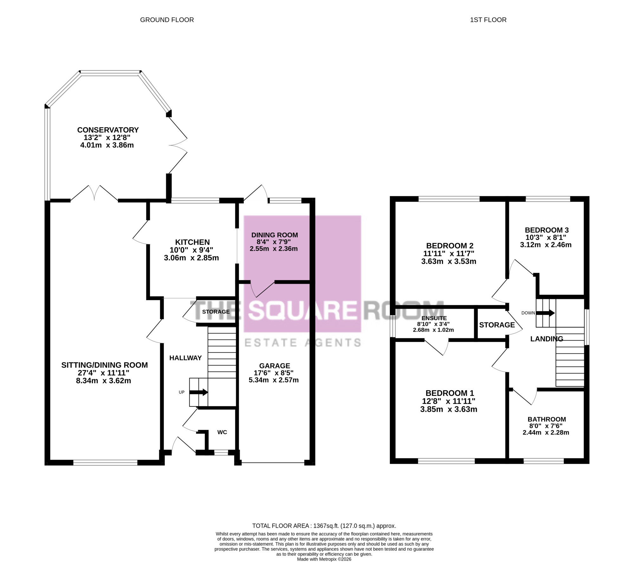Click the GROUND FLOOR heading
(x=167, y=20)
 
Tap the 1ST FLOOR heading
(x=488, y=20)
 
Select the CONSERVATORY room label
(x=108, y=130)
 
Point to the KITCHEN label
(x=192, y=242)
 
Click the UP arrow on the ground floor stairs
(x=199, y=392)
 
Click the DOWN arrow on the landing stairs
(x=545, y=313)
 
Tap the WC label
(x=222, y=432)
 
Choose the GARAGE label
(x=275, y=366)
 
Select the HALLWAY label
(x=185, y=358)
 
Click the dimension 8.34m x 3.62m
(x=103, y=381)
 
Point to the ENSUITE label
(x=434, y=318)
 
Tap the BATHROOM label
(x=547, y=419)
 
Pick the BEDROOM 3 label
(x=547, y=230)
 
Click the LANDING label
(x=547, y=339)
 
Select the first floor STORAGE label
(x=497, y=325)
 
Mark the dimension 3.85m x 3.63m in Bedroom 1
(x=449, y=409)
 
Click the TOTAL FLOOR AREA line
(x=324, y=526)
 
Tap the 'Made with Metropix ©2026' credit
(x=324, y=559)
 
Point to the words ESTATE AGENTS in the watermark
(x=303, y=343)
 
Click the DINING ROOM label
(x=275, y=235)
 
